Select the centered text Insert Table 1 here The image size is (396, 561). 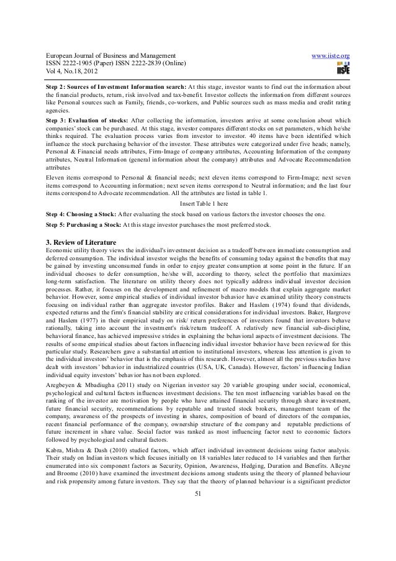pyautogui.click(x=197, y=204)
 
